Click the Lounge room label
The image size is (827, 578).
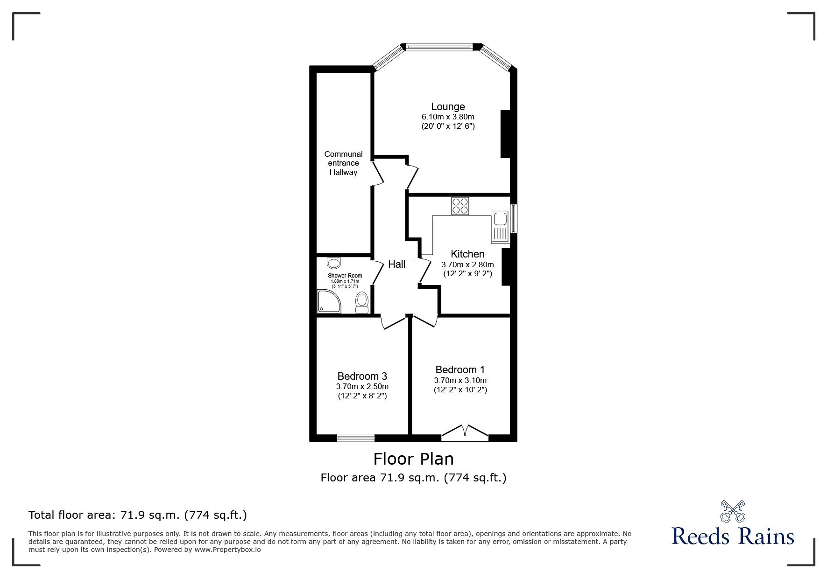tap(447, 106)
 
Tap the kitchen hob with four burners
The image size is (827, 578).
tap(460, 206)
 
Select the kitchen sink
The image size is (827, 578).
tap(499, 227)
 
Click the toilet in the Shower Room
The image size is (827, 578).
tap(361, 302)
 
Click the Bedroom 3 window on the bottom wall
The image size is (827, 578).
tap(355, 437)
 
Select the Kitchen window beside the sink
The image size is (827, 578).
tap(514, 218)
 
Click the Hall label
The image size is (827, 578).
tap(396, 264)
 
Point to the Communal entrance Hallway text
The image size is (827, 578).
tap(343, 163)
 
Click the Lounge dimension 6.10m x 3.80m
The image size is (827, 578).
tap(447, 117)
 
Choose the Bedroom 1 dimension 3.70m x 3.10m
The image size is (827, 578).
tap(460, 380)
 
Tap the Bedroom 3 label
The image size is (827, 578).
tap(362, 376)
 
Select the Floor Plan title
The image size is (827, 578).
tap(413, 459)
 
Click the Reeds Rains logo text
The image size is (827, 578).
tap(733, 536)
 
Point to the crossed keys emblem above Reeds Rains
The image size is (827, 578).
tap(733, 511)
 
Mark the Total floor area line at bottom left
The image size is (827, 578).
tap(138, 515)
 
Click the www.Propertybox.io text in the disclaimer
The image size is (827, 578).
tap(227, 550)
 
